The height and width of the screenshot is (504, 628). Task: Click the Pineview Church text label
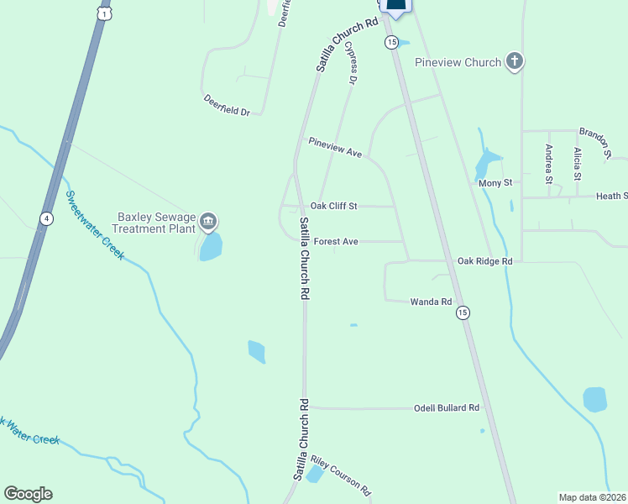(458, 62)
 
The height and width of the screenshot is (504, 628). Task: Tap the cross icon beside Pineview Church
(515, 61)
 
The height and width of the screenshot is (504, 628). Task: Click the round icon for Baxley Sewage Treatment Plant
(208, 223)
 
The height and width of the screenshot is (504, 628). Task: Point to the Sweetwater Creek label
(95, 224)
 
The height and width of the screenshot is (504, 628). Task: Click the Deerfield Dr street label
(227, 105)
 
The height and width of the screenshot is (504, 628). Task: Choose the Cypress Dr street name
(353, 63)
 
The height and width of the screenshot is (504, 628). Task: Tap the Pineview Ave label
(334, 147)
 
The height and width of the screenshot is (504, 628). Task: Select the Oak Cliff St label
(334, 206)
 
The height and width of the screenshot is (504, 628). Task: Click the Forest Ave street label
(336, 242)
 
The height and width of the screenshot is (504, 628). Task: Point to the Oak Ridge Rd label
(484, 261)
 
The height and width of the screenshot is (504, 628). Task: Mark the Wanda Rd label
(431, 301)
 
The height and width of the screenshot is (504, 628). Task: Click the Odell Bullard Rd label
(447, 407)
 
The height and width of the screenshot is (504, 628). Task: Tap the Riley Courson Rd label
(340, 475)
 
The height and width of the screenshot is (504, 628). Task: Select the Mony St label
(495, 183)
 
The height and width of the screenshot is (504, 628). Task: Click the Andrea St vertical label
(549, 164)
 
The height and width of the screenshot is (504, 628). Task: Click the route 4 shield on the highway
(47, 218)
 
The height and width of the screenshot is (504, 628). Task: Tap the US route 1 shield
(102, 14)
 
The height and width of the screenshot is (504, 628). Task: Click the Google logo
(28, 494)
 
